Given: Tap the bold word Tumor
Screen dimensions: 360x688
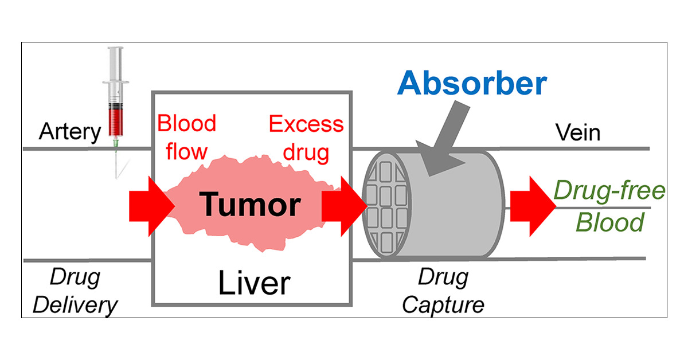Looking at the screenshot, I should coord(251,205).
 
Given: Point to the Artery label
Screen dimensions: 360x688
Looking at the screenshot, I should coord(69,132).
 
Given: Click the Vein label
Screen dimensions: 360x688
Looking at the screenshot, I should coord(578,132).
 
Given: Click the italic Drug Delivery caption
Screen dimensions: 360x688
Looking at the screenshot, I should coord(75,291).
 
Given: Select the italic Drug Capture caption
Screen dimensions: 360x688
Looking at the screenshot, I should coord(443,291).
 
